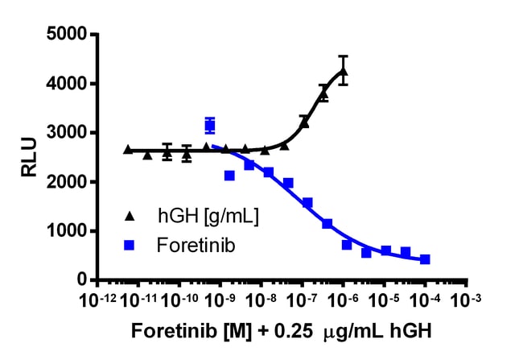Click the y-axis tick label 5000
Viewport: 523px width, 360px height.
coord(68,35)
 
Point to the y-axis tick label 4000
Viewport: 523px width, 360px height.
coord(68,84)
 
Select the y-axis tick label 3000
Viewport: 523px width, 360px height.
coord(68,133)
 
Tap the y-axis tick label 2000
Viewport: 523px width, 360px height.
coord(68,182)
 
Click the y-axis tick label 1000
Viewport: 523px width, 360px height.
coord(68,231)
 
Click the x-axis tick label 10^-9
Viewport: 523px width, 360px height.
coord(220,304)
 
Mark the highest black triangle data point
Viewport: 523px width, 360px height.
coord(344,72)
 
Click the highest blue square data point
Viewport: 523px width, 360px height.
coord(210,125)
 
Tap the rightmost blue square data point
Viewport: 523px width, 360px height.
coord(425,259)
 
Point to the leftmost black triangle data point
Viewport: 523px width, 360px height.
coord(129,149)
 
